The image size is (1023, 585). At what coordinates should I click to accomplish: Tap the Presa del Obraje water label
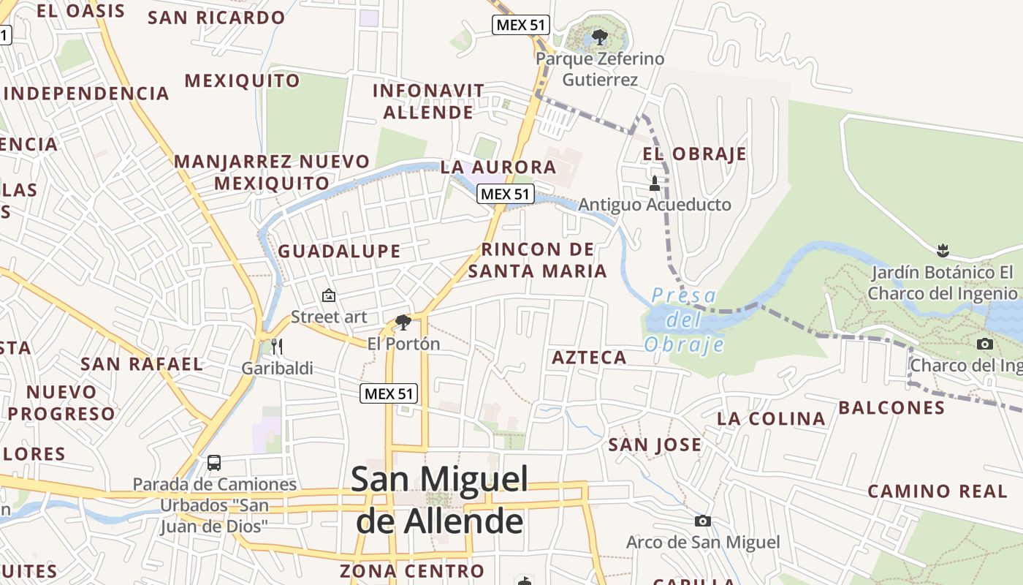[684, 320]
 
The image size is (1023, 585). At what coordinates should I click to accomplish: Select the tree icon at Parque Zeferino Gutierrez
[600, 37]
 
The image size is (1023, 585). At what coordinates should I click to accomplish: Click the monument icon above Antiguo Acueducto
[654, 183]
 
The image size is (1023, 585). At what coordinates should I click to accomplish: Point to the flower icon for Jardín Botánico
[943, 251]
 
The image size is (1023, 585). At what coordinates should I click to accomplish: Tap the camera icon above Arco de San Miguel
[702, 521]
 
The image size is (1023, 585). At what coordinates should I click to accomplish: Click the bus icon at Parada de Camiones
[214, 462]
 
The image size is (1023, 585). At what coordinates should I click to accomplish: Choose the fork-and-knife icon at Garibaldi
[277, 346]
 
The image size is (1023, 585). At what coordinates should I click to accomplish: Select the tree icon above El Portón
[403, 322]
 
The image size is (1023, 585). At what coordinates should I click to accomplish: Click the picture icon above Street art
[329, 295]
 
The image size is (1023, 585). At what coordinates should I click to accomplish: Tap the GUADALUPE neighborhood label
[339, 252]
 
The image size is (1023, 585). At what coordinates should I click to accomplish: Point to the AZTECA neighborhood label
[589, 358]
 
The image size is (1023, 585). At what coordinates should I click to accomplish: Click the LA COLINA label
[771, 419]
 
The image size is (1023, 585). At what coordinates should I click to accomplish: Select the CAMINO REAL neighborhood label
[938, 491]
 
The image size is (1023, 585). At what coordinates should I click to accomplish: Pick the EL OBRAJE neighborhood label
[694, 154]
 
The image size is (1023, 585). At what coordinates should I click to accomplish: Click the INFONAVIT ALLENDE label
[428, 102]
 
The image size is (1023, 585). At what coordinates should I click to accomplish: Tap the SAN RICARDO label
[216, 18]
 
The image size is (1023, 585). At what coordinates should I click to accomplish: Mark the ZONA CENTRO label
[411, 570]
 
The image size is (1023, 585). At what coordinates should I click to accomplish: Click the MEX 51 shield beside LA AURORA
[506, 195]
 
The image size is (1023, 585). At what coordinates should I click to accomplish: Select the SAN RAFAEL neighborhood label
[142, 364]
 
